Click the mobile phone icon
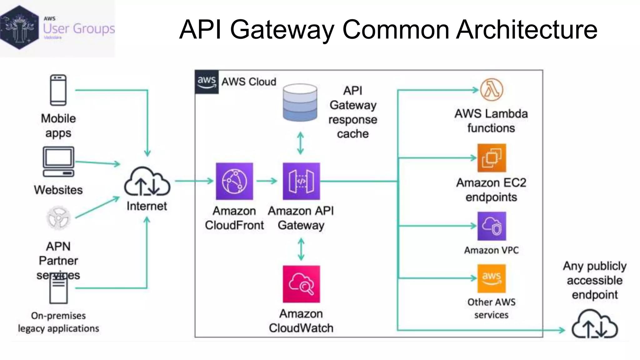pos(58,90)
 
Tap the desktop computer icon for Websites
pos(58,161)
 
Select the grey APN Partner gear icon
pos(58,218)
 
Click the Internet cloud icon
pos(147,182)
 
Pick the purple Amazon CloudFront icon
pos(234,181)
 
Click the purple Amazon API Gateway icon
pos(301,181)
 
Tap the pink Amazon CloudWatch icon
pos(301,284)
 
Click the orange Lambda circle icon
pos(492,90)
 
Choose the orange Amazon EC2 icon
pos(492,158)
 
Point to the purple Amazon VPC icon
pos(492,226)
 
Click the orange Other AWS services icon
pos(491,278)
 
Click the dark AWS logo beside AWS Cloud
pos(207,82)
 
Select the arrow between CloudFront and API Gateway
pos(267,181)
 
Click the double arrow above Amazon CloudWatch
pos(301,249)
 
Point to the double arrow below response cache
pos(300,143)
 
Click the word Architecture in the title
pos(527,29)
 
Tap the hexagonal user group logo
pos(19,27)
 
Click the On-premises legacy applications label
pos(58,322)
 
